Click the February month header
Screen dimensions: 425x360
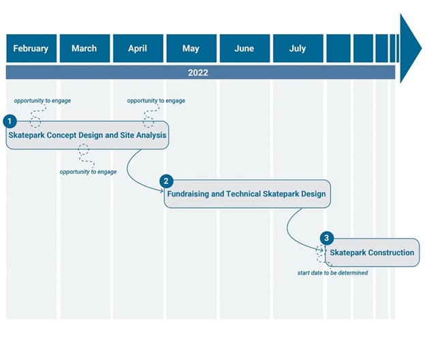pos(31,48)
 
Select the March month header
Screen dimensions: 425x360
pos(85,48)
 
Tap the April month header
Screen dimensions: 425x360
pos(138,48)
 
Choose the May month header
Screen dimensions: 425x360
pos(191,48)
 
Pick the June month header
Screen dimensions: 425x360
pos(245,48)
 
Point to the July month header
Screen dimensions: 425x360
pos(298,48)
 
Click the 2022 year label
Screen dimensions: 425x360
pos(198,73)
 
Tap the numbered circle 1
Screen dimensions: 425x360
pos(10,121)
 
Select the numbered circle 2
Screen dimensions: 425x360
pos(166,181)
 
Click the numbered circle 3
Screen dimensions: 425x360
pos(327,238)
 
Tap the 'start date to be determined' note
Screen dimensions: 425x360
pos(332,273)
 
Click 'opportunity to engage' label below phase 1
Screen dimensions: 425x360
pos(88,172)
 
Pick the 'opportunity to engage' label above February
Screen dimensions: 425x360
pos(42,101)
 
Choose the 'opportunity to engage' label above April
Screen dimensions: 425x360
pos(156,101)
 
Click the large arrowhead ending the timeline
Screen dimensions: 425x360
pos(409,48)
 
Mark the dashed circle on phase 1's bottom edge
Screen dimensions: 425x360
pos(84,149)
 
